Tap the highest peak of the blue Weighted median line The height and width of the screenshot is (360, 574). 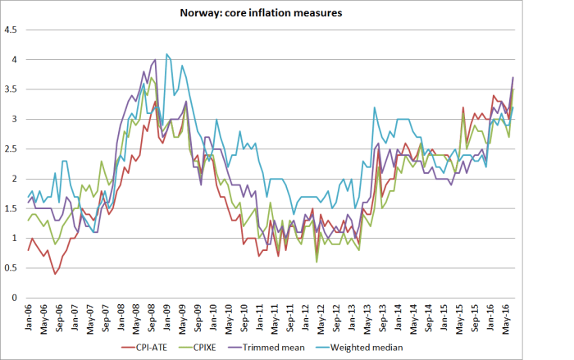tap(166, 54)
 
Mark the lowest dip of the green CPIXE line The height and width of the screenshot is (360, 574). tap(317, 262)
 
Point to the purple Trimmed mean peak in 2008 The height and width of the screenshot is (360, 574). tap(155, 60)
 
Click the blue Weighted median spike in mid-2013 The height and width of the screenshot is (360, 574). tap(375, 107)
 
